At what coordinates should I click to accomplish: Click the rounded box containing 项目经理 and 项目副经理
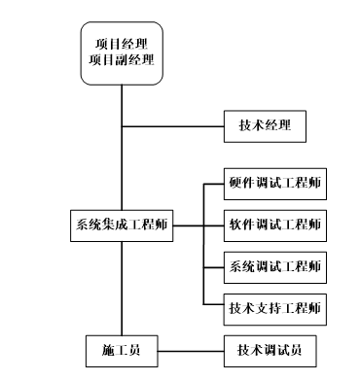pos(122,52)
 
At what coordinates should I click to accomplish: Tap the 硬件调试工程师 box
pos(273,184)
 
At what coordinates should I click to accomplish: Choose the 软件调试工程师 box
pos(273,225)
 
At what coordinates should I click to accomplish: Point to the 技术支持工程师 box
pos(273,308)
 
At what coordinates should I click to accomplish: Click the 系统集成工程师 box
pos(122,225)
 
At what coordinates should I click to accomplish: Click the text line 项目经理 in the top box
pos(122,44)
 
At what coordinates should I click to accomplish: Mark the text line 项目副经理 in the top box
pos(122,62)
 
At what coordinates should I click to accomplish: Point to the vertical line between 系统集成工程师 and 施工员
pos(122,288)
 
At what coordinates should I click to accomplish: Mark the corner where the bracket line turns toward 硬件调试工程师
pos(201,184)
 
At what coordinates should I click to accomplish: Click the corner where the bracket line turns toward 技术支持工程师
pos(201,308)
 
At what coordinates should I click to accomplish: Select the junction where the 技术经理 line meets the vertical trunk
pos(122,125)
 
